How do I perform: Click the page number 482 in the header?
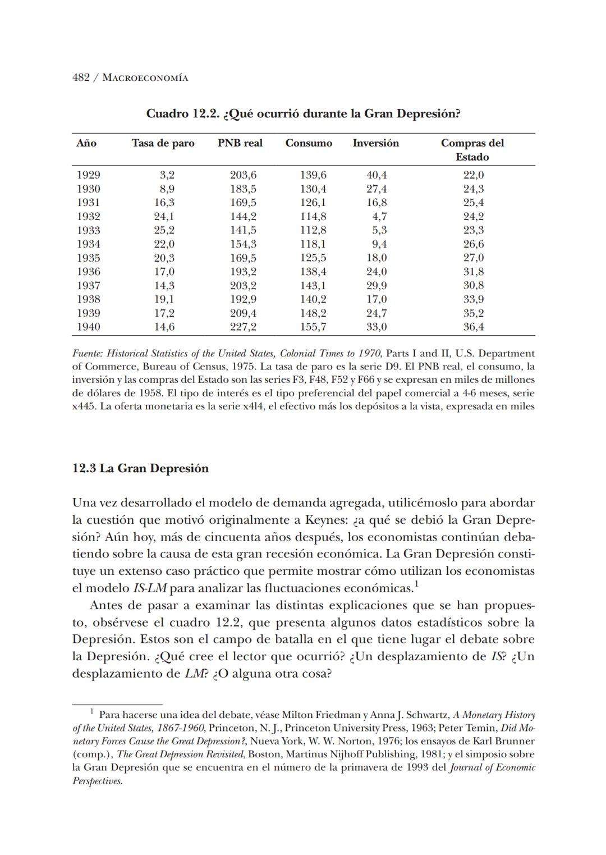pyautogui.click(x=81, y=77)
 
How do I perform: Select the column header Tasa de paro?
pyautogui.click(x=163, y=143)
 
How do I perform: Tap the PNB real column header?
pyautogui.click(x=240, y=143)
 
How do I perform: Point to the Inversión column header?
pyautogui.click(x=375, y=143)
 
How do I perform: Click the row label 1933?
pyautogui.click(x=88, y=230)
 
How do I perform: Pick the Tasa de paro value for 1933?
pyautogui.click(x=164, y=230)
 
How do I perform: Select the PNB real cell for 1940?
pyautogui.click(x=243, y=327)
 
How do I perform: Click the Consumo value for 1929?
pyautogui.click(x=313, y=175)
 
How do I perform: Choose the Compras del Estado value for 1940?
pyautogui.click(x=473, y=327)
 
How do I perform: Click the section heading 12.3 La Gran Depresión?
pyautogui.click(x=140, y=468)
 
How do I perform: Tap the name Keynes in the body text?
pyautogui.click(x=324, y=520)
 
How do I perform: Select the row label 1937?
pyautogui.click(x=88, y=285)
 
